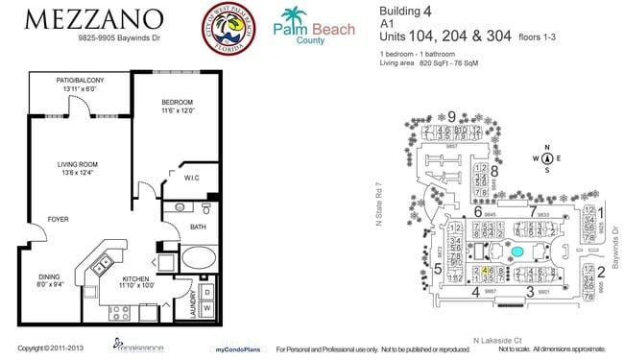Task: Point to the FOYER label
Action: (x=58, y=219)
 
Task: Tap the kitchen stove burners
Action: (x=118, y=311)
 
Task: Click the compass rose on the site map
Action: (x=545, y=159)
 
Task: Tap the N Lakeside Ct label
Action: (x=495, y=339)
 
